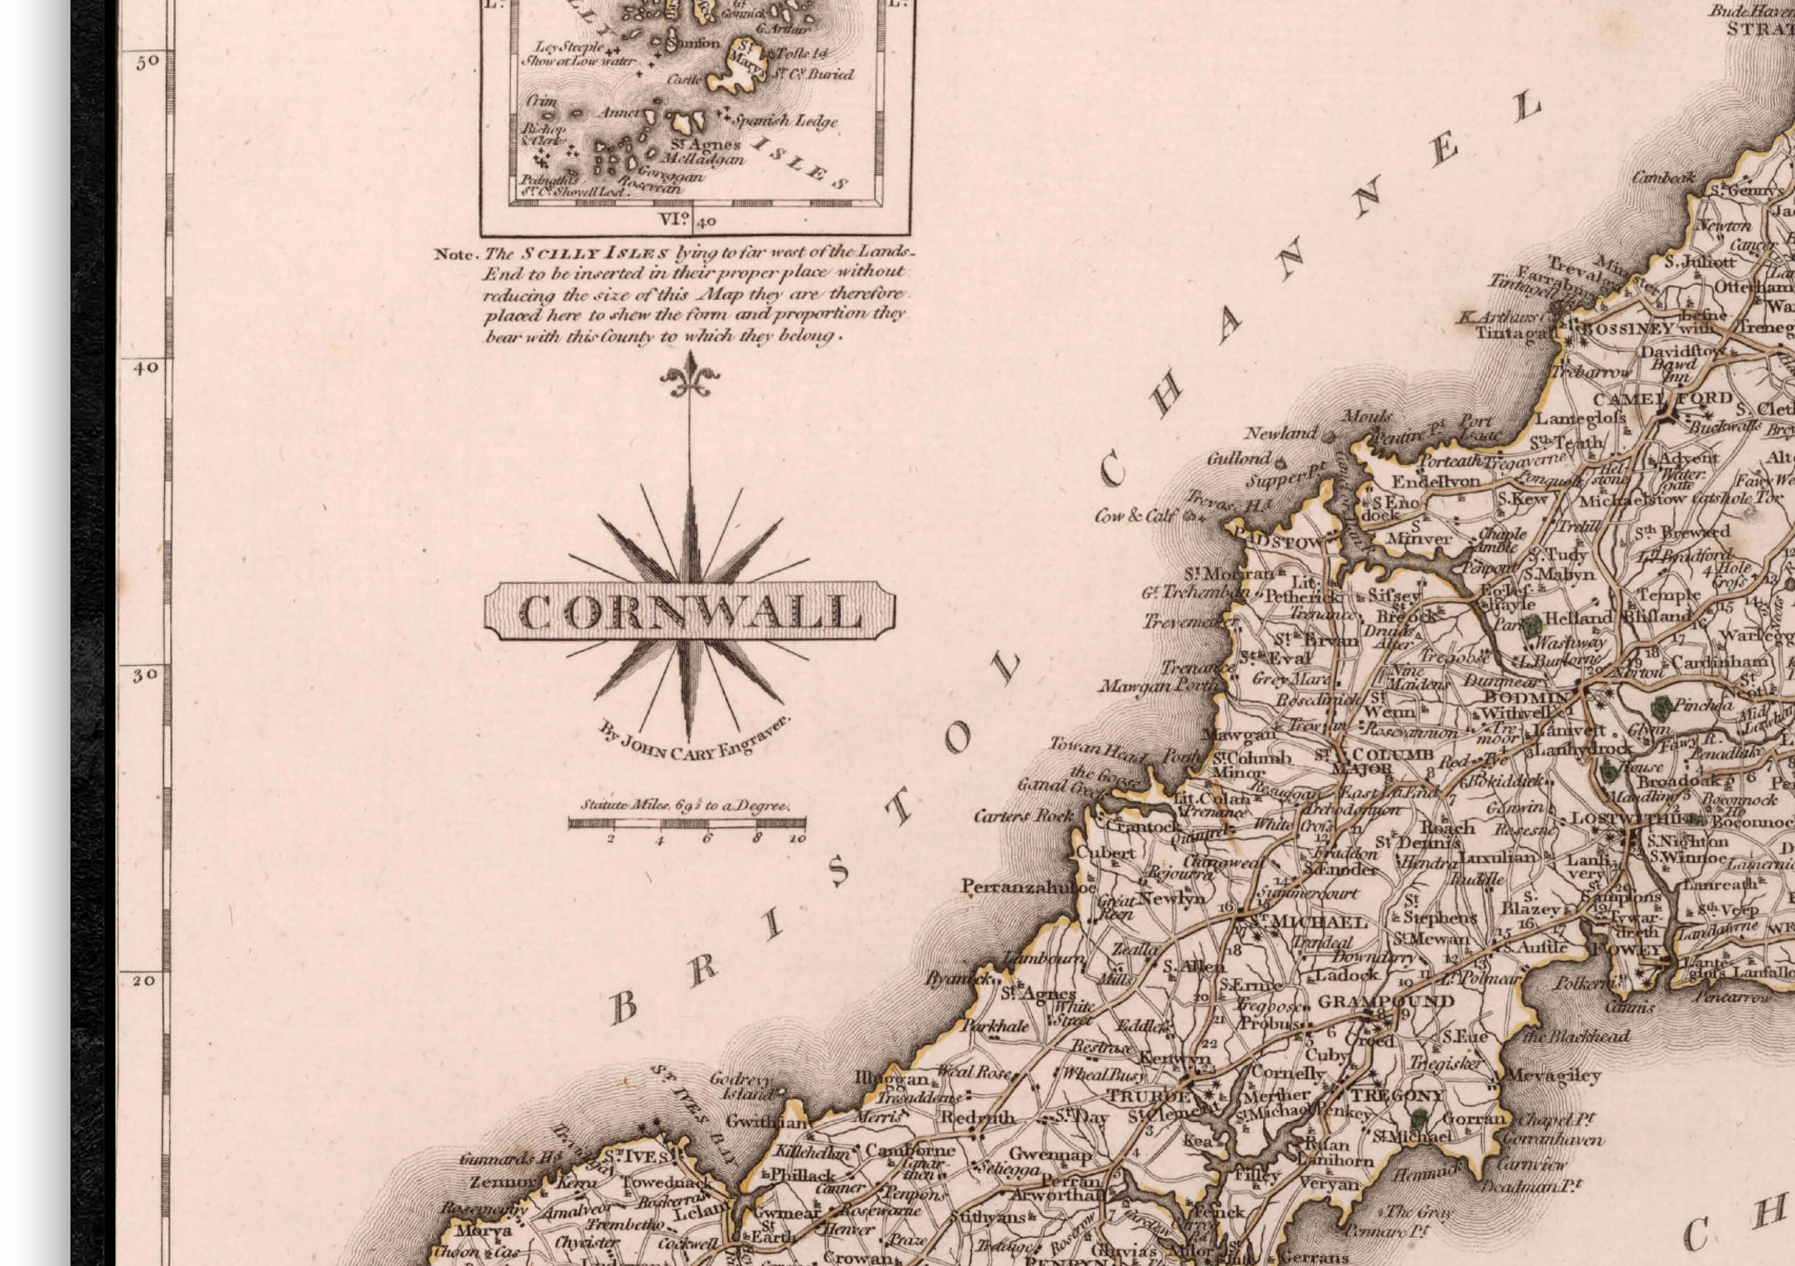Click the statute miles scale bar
coord(686,822)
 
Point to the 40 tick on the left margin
coord(145,368)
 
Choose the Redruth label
coord(977,1118)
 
